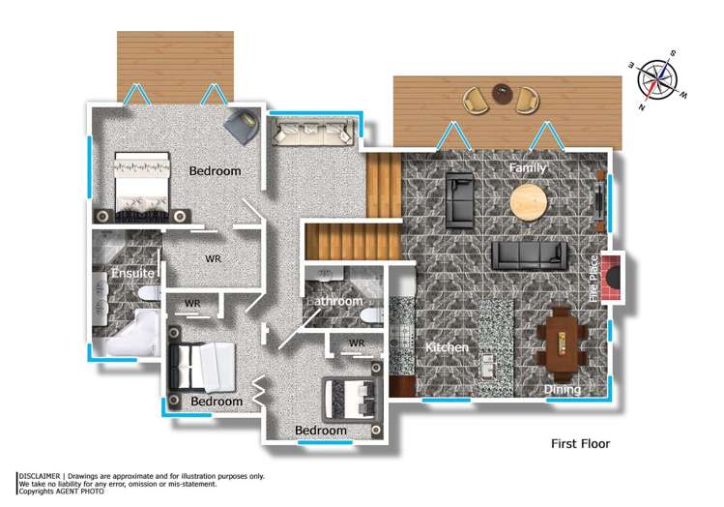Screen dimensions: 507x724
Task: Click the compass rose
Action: [x=662, y=81]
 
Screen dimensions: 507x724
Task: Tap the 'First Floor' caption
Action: [x=580, y=444]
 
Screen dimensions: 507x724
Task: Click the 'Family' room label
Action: [x=528, y=168]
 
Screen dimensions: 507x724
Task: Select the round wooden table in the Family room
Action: [x=528, y=201]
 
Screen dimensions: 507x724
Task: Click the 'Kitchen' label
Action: [x=447, y=347]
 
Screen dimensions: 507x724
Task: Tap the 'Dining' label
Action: [x=562, y=390]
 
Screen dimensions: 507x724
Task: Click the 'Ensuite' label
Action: [x=132, y=275]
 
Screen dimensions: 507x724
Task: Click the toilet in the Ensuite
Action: [x=145, y=291]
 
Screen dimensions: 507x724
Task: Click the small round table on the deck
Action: [x=501, y=93]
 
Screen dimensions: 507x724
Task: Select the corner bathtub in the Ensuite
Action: [x=133, y=335]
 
